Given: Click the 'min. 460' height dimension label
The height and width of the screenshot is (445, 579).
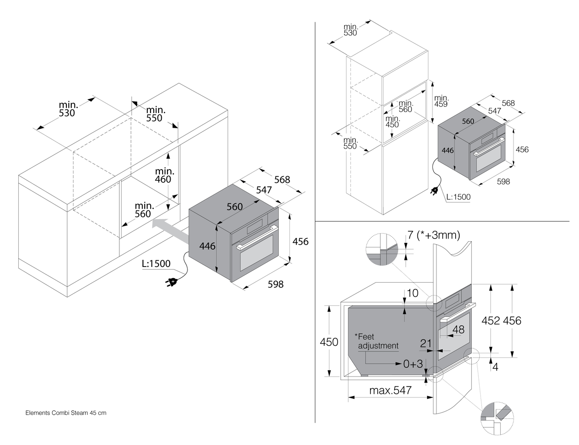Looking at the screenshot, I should (165, 175).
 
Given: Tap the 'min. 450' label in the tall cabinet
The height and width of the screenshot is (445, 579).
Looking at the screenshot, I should (392, 121).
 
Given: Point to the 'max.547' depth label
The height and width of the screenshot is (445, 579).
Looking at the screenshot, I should (390, 391).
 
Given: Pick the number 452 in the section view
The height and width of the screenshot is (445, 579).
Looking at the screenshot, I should (491, 320).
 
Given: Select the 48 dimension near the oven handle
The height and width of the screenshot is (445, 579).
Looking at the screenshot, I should (458, 329).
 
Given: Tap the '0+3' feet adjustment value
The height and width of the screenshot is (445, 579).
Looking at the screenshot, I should (413, 364).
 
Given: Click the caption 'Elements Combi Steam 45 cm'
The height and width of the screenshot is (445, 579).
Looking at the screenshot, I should (66, 413).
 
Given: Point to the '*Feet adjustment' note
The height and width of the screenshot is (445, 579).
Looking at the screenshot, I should (377, 341).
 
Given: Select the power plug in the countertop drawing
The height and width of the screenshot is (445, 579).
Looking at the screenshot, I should (172, 282).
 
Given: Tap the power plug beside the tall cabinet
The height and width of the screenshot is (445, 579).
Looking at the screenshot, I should (434, 191).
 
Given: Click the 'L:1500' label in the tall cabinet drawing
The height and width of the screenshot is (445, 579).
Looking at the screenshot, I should (458, 197).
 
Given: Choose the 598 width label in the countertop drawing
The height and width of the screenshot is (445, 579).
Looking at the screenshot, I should (275, 284).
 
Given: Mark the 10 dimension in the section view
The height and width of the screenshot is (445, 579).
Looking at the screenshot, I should (412, 293).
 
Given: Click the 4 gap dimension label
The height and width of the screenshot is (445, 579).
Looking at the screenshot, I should (496, 367).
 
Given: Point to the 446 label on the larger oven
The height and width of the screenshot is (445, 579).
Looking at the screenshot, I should (208, 246).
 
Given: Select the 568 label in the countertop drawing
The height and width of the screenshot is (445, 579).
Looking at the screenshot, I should (282, 179).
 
